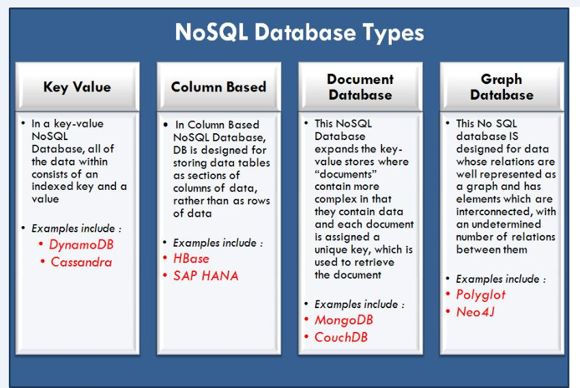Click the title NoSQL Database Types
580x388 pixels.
[x=300, y=33]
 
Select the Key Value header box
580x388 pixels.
[x=76, y=87]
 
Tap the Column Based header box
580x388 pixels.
[x=218, y=87]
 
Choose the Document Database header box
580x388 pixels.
[x=360, y=87]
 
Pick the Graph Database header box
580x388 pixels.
[x=502, y=87]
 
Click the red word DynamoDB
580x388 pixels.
[x=80, y=245]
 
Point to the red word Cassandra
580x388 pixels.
[x=81, y=262]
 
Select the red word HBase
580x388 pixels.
[x=191, y=259]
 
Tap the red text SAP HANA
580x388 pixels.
[x=205, y=276]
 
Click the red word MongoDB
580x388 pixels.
[x=344, y=320]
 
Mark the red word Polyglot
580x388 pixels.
[x=481, y=295]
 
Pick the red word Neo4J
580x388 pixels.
[x=476, y=312]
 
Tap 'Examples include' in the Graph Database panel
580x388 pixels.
[x=501, y=279]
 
